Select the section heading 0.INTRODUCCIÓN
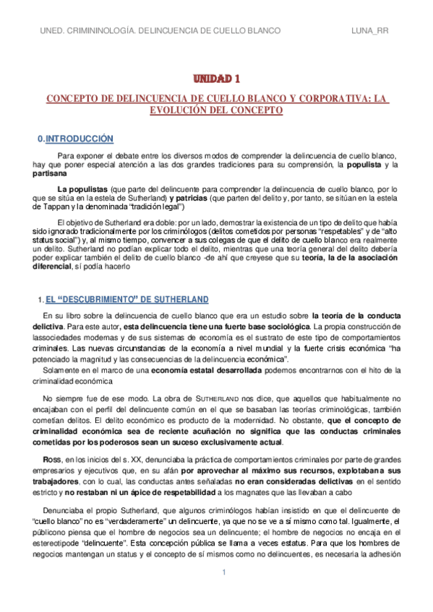pos(76,138)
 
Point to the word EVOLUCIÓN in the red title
pos(186,110)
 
